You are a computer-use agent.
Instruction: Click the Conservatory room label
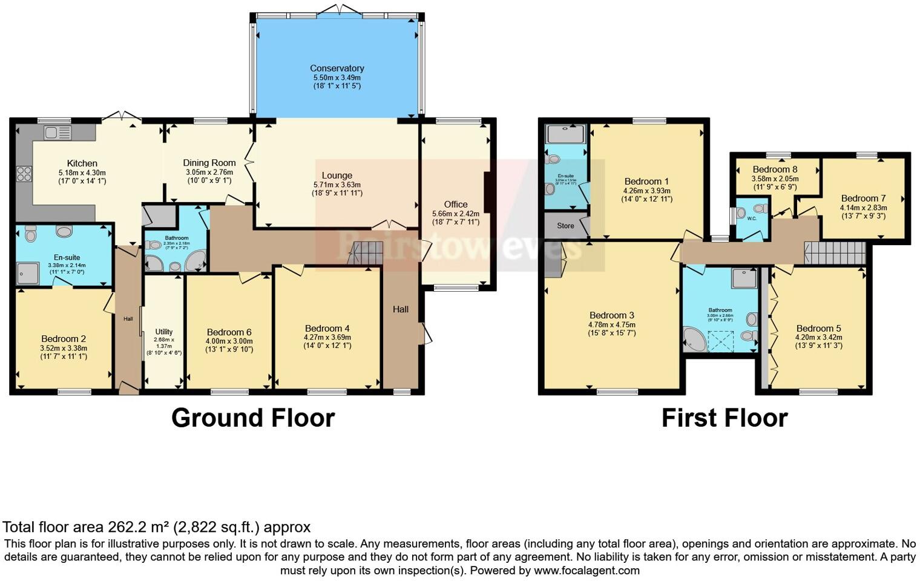(337, 68)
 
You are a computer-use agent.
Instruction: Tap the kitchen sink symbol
(57, 132)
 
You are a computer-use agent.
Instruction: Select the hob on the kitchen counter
(24, 174)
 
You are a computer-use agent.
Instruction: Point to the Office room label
(455, 205)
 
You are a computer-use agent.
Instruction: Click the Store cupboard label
(565, 226)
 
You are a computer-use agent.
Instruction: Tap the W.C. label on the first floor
(752, 218)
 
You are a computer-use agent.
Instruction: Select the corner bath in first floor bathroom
(695, 340)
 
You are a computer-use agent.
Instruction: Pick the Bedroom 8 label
(775, 169)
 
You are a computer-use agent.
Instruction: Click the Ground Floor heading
(253, 418)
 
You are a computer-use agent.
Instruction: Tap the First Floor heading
(724, 418)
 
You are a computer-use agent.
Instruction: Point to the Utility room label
(163, 332)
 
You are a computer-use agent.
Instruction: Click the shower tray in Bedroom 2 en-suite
(28, 273)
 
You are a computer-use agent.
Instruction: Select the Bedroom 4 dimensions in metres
(327, 338)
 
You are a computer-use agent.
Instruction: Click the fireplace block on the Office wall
(488, 192)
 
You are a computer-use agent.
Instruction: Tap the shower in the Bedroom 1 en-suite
(565, 134)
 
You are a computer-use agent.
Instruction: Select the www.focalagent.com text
(586, 570)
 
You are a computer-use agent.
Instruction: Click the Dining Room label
(209, 163)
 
